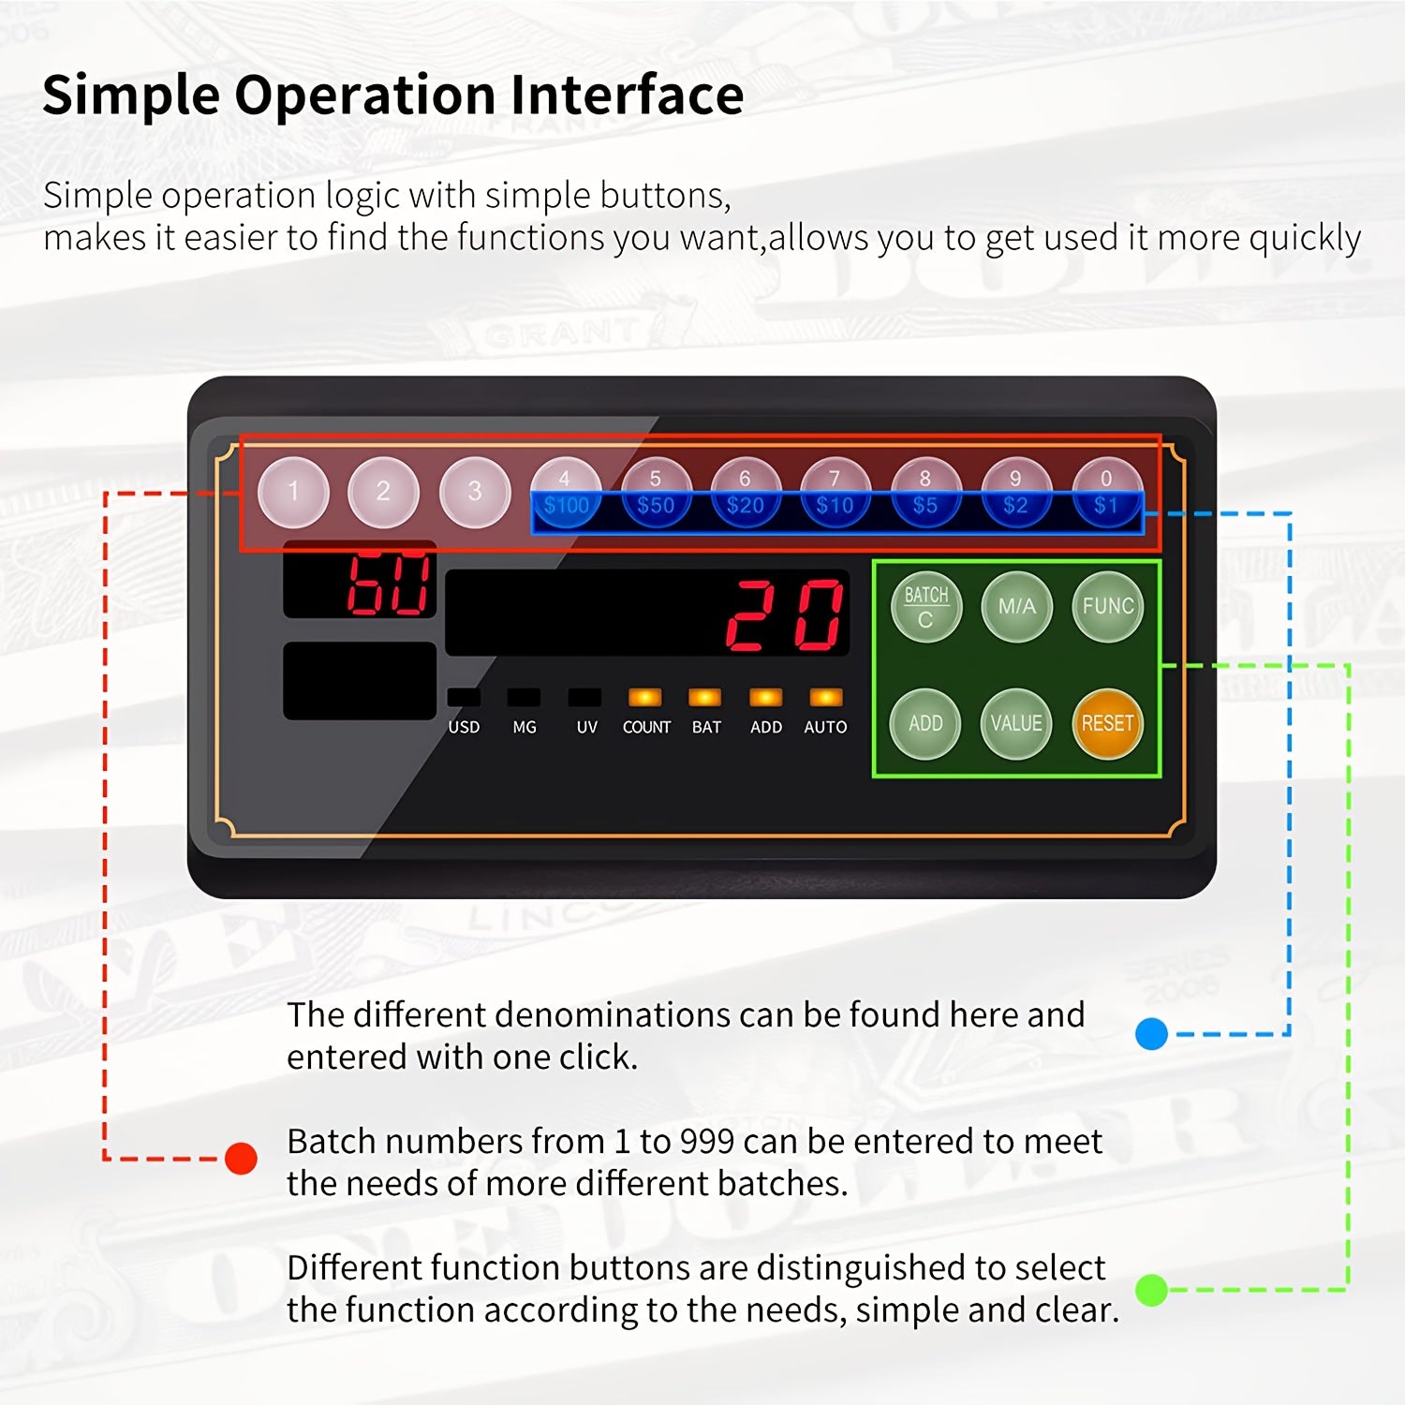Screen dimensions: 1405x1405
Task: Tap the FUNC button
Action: tap(1107, 607)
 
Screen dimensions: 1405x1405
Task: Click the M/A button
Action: tap(1016, 607)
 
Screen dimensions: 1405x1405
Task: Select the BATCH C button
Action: tap(925, 607)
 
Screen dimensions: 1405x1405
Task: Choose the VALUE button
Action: tap(1016, 723)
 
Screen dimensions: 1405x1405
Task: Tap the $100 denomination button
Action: tap(566, 494)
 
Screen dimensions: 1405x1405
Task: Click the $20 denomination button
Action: tap(746, 494)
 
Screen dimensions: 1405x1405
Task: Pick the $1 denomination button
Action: tap(1106, 494)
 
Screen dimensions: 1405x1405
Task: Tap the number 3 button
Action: tap(475, 492)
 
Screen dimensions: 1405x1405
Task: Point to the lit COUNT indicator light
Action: tap(645, 697)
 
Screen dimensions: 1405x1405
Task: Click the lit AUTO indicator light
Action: tap(825, 697)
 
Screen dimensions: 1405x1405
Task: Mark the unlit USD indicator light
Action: tap(464, 697)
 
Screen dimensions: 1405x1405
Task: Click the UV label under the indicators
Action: tap(586, 727)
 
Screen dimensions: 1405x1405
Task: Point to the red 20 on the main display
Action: tap(785, 614)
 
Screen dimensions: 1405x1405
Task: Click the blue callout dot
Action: tap(1151, 1034)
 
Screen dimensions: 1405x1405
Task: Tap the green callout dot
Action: tap(1151, 1290)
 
